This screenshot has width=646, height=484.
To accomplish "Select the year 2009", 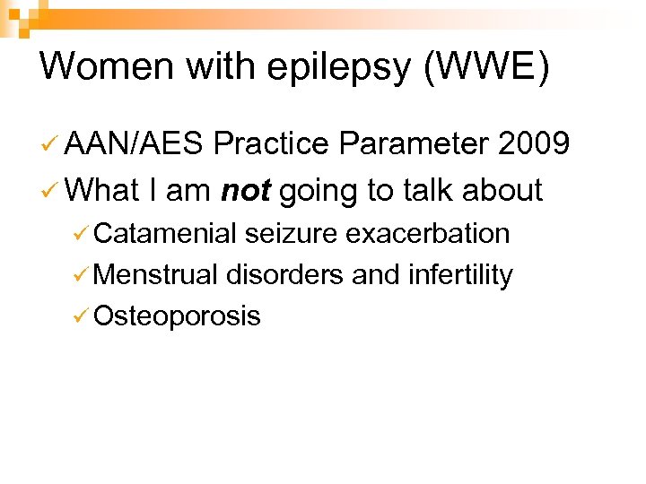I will tap(533, 143).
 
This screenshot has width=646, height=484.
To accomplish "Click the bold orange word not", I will tap(246, 189).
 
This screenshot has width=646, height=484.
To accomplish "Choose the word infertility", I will tap(459, 274).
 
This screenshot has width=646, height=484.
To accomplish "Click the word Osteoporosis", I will tap(177, 315).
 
